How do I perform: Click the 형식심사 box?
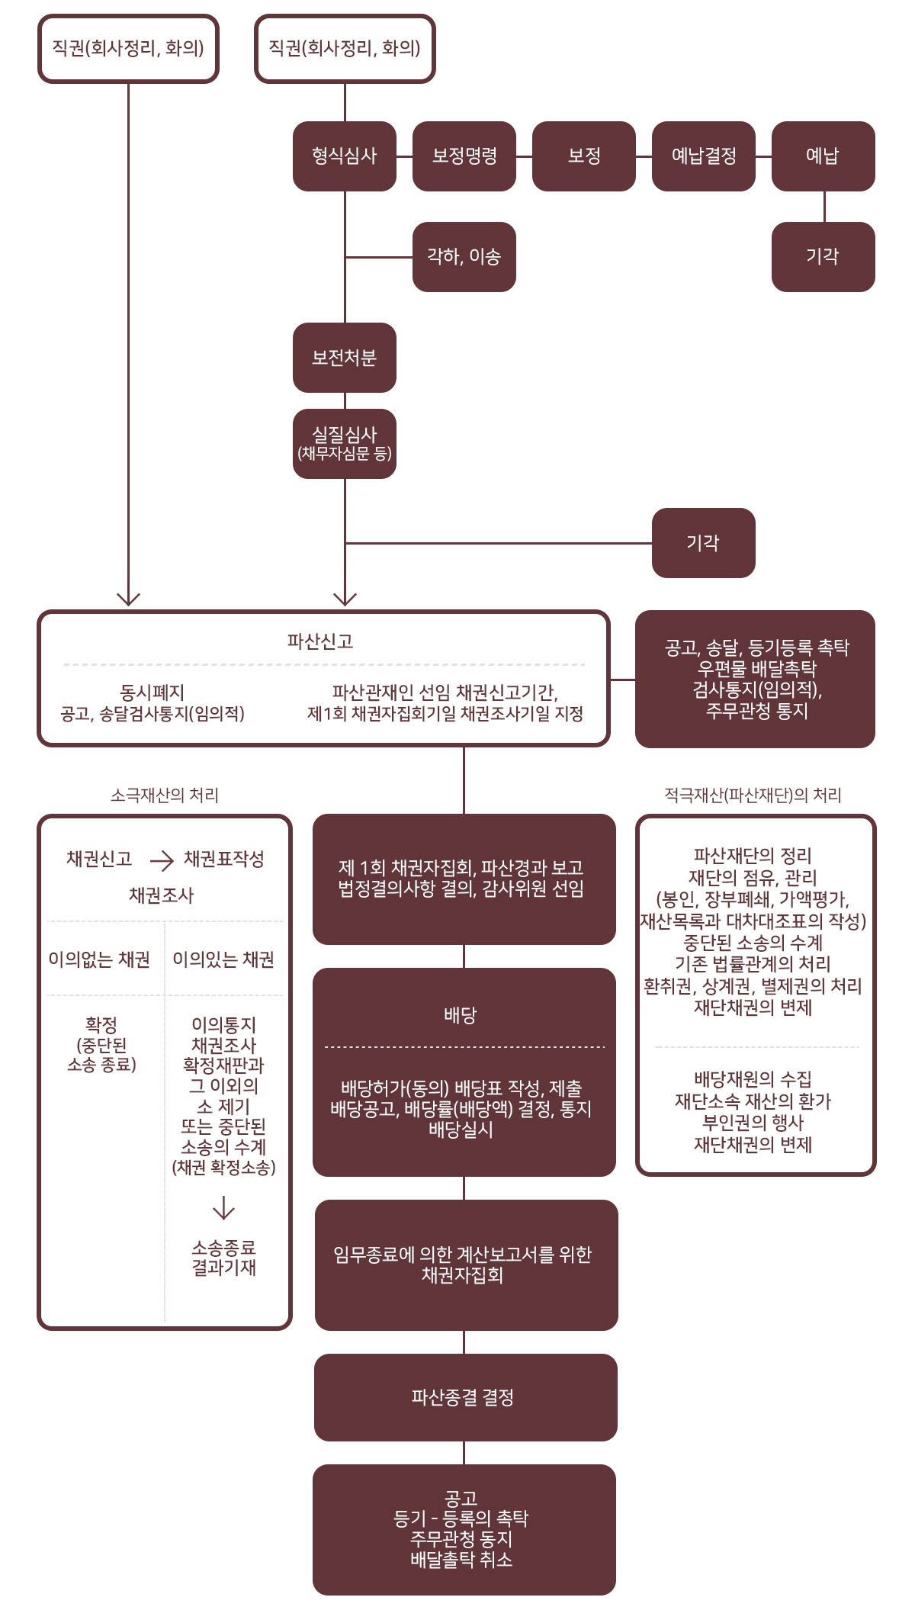click(x=345, y=156)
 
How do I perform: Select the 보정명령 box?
click(x=464, y=156)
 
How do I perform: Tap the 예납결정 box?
click(x=704, y=156)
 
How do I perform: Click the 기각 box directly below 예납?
click(x=823, y=257)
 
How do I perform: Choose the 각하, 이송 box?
click(x=464, y=257)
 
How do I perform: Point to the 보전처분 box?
click(x=345, y=358)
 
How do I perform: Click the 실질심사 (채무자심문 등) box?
click(x=345, y=444)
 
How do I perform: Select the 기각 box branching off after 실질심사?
click(x=704, y=543)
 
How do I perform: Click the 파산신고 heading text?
click(x=320, y=641)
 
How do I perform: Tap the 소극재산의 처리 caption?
click(x=165, y=795)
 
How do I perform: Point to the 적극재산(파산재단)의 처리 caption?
click(x=753, y=795)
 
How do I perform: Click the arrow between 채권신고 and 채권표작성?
click(x=162, y=861)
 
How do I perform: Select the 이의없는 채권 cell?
click(x=99, y=959)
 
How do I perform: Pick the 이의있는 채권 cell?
click(x=223, y=959)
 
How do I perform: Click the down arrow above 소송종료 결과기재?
click(x=223, y=1208)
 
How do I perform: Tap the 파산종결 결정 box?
click(x=465, y=1397)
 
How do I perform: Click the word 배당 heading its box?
click(x=461, y=1015)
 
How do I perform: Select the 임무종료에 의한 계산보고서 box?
click(x=466, y=1265)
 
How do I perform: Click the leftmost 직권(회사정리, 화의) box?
click(x=128, y=49)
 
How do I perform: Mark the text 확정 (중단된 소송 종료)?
click(x=101, y=1045)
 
